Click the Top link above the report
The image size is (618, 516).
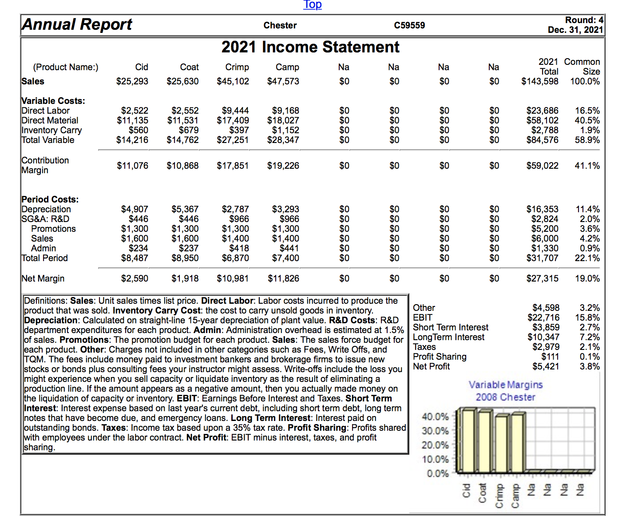[x=313, y=4]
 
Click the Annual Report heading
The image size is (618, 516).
[x=77, y=24]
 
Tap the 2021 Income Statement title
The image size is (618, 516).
[x=310, y=47]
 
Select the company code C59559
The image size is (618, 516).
[x=409, y=25]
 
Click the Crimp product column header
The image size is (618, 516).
[x=237, y=67]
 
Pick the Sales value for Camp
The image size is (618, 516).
[x=283, y=81]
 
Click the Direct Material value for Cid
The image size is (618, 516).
[x=133, y=120]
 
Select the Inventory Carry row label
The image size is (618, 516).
[x=52, y=130]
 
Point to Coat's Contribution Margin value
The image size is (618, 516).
[x=182, y=166]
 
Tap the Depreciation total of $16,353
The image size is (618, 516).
[x=542, y=209]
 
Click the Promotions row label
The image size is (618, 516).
[x=53, y=229]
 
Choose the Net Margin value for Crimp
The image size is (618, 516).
[x=233, y=278]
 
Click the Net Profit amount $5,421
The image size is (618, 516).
[x=546, y=366]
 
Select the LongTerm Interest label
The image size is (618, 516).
[x=448, y=337]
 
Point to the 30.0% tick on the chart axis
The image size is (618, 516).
[x=435, y=431]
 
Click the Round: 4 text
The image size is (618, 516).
[x=584, y=20]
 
